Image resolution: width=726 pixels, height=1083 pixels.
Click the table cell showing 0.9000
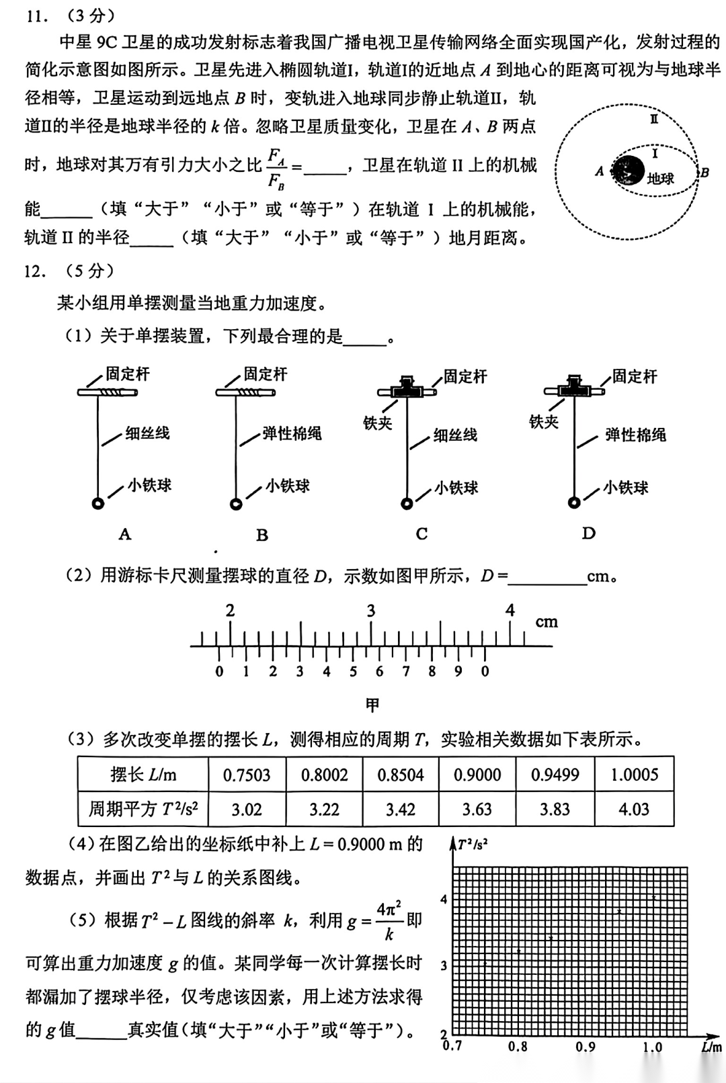[x=477, y=775]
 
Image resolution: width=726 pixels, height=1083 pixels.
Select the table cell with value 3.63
[x=477, y=810]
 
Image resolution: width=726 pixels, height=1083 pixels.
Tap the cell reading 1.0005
[x=634, y=775]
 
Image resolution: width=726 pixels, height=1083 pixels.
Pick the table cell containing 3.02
[x=247, y=810]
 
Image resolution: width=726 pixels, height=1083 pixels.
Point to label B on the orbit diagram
[x=704, y=173]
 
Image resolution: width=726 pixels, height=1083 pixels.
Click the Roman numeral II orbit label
[x=653, y=120]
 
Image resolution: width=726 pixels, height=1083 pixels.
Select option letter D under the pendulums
[x=589, y=533]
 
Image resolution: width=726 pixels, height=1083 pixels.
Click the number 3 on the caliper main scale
[x=370, y=611]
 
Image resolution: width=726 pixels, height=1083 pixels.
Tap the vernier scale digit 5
[x=353, y=671]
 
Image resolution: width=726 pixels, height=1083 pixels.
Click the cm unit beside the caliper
[x=547, y=622]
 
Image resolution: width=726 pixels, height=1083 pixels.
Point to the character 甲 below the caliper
[x=372, y=705]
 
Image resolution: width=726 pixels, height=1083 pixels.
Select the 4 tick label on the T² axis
[x=444, y=900]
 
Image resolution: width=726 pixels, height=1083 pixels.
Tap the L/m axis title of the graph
[x=711, y=1047]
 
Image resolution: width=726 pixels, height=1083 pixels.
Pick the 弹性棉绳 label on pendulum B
[x=292, y=433]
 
